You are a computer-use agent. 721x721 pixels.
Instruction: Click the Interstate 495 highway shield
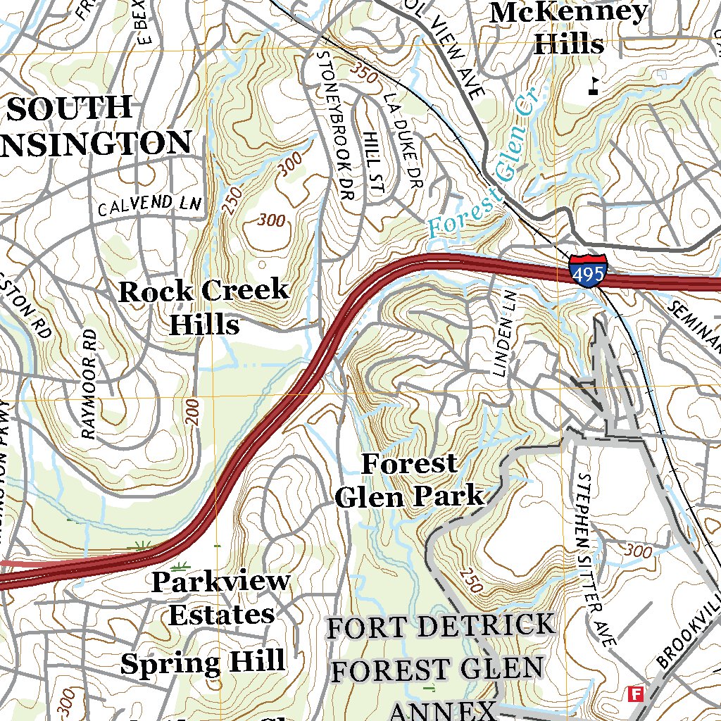pos(587,270)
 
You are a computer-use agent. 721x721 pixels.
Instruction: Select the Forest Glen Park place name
pos(410,480)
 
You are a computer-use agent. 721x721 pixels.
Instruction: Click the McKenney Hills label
pos(569,28)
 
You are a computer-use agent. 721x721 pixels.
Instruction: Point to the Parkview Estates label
pos(220,598)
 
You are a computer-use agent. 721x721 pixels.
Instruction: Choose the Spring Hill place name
pos(203,663)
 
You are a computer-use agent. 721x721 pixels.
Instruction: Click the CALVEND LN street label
pos(149,206)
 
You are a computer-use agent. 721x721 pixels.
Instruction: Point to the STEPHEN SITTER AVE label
pos(596,560)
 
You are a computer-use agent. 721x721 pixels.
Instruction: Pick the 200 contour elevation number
pos(194,412)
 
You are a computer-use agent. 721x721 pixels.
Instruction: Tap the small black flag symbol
pos(594,85)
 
